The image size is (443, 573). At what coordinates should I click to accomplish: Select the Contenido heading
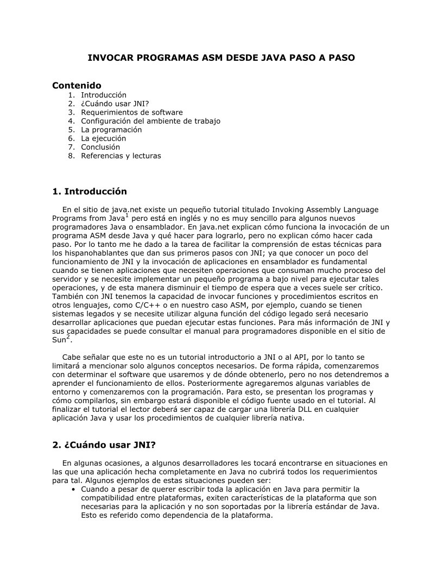77,86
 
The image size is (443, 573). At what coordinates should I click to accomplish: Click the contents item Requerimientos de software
132,112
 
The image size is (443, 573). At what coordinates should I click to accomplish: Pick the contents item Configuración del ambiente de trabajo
150,121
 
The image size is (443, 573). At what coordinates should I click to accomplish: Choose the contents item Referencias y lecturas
121,156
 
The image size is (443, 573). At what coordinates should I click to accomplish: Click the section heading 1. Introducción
90,192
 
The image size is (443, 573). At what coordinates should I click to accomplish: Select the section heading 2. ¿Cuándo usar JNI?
104,445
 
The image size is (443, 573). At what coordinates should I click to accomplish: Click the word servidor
68,279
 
